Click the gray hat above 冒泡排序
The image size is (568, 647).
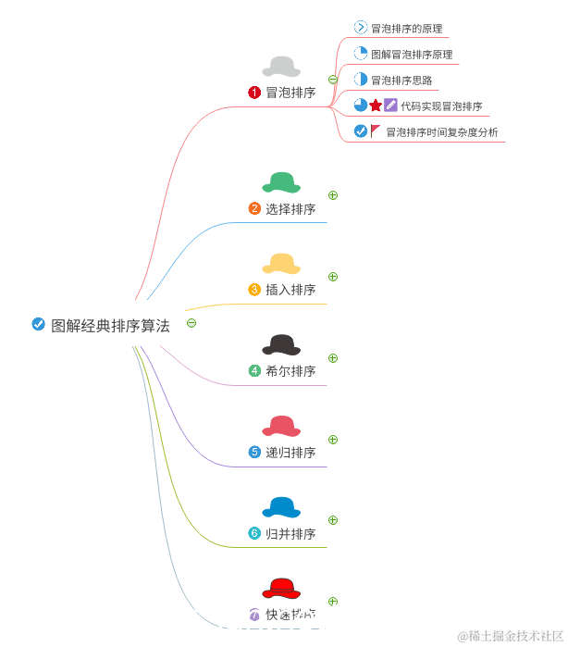[x=281, y=67]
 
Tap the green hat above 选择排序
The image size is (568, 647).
[x=281, y=182]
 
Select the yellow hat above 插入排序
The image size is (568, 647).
[x=281, y=264]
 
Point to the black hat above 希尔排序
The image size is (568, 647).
[x=281, y=345]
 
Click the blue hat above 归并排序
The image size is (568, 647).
[x=281, y=507]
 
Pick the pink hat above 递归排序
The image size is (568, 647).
[x=281, y=426]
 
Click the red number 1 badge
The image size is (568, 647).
[x=254, y=93]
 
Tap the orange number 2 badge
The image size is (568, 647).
[x=254, y=209]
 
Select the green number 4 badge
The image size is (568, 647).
[x=254, y=371]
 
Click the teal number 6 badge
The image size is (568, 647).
[x=254, y=534]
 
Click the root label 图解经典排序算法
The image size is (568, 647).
[x=110, y=326]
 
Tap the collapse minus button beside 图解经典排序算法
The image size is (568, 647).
[x=191, y=323]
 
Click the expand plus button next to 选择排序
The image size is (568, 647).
[x=333, y=195]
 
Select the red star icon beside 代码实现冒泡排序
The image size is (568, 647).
[x=376, y=106]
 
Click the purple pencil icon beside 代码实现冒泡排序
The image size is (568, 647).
[x=390, y=106]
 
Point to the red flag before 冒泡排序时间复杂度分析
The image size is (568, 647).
[x=376, y=131]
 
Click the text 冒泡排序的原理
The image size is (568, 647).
[x=408, y=29]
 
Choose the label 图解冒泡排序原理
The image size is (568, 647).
[x=412, y=55]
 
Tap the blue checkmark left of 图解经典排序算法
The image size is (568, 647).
[x=38, y=324]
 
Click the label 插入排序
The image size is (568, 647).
[x=290, y=290]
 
